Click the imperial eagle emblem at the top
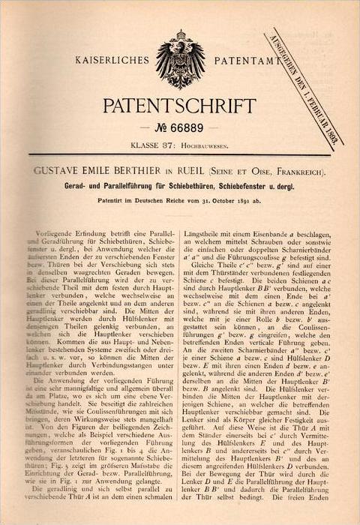tap(179, 58)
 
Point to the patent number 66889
tap(191, 125)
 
